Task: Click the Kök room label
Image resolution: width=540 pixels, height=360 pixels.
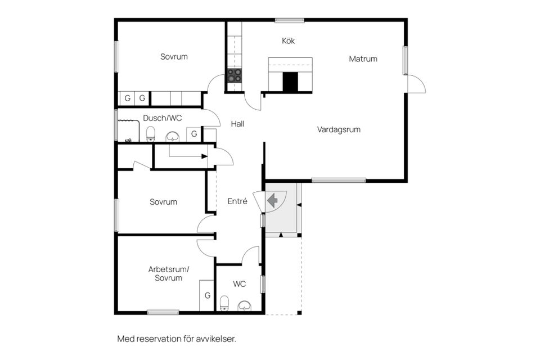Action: (288, 41)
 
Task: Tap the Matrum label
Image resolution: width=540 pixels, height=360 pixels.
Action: (363, 58)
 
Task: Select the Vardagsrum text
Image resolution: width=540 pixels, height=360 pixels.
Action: (339, 129)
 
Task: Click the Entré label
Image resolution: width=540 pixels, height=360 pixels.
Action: (237, 201)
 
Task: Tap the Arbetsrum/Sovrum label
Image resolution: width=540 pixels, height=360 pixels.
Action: (169, 273)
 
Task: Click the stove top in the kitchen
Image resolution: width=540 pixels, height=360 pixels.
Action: (234, 75)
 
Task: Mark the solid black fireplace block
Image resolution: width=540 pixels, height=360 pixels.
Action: (290, 82)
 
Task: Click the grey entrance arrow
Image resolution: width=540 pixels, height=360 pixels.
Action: (273, 200)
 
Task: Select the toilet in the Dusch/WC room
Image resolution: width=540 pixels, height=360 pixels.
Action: (150, 134)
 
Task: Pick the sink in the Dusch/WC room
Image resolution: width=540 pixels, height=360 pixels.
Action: (173, 136)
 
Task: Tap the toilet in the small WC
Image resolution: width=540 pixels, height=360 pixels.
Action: (224, 303)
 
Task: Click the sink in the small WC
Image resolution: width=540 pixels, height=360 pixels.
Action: (245, 305)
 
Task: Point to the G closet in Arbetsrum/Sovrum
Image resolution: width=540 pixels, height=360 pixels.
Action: (207, 295)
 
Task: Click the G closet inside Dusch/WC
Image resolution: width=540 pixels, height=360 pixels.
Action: (193, 134)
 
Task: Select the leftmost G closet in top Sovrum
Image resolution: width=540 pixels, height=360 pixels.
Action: (128, 98)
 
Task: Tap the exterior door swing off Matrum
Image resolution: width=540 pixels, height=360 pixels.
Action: (417, 84)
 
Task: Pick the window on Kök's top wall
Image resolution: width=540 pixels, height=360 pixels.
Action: (290, 21)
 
